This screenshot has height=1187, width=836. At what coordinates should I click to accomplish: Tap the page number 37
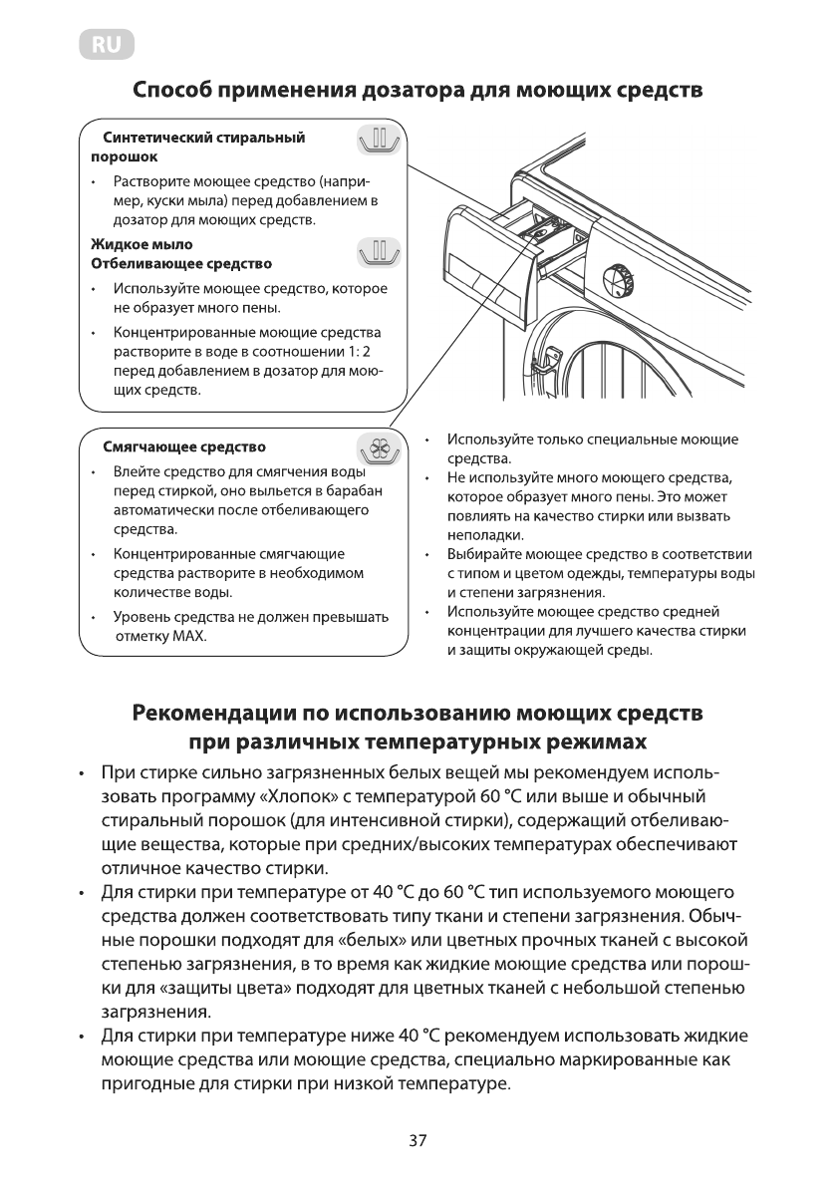point(418,1141)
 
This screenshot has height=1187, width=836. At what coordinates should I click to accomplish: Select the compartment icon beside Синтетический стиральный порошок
point(379,141)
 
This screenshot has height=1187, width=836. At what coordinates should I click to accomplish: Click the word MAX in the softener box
point(190,636)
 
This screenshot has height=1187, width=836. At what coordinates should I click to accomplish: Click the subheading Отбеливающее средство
point(180,264)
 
